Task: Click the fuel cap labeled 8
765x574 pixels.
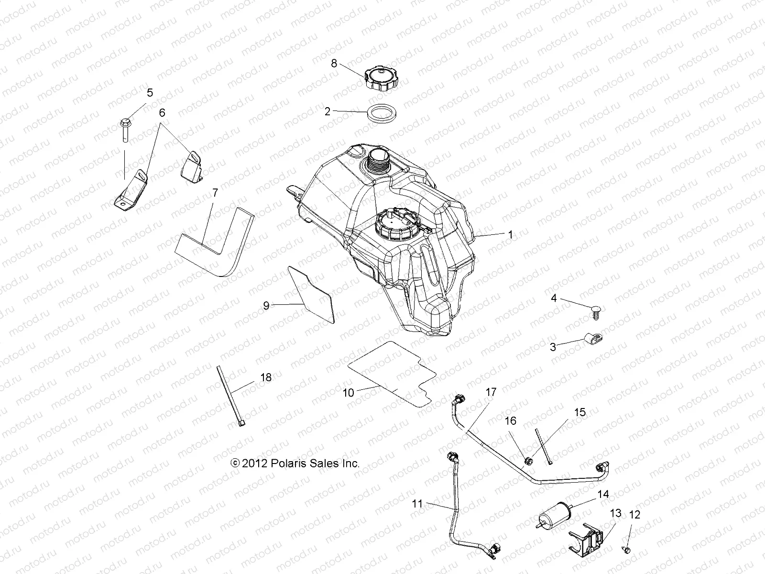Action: (382, 79)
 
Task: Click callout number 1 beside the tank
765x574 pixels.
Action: (510, 234)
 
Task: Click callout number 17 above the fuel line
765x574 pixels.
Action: (491, 392)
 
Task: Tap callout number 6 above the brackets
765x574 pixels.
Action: (162, 112)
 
